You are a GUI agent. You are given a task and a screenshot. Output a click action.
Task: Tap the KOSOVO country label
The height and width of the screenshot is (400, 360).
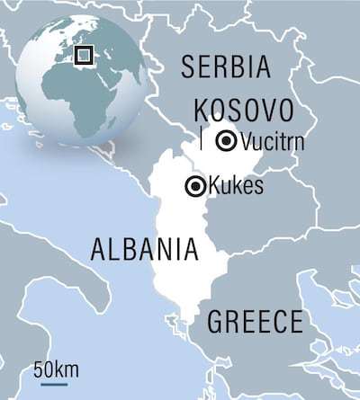245,111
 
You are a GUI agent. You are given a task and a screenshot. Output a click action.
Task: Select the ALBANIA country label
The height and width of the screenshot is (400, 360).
144,249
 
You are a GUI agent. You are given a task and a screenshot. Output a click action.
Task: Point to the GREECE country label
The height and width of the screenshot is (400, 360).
255,322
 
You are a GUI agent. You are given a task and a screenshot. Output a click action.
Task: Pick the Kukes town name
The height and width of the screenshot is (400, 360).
235,187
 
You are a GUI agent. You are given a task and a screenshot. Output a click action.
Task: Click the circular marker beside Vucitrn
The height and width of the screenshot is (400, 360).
228,139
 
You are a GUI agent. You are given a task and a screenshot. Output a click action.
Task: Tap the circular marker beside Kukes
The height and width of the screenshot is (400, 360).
194,187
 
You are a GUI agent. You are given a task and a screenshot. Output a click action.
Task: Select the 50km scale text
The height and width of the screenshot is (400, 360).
55,369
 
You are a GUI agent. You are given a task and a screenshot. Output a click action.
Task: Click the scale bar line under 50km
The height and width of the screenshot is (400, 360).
53,384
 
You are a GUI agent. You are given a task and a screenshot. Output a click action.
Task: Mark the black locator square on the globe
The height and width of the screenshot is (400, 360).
84,55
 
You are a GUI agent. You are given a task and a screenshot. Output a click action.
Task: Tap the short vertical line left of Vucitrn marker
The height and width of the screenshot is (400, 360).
202,140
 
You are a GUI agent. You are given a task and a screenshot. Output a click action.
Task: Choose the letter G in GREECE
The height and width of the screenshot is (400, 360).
216,322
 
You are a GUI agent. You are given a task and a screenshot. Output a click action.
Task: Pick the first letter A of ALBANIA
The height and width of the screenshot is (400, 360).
100,249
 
